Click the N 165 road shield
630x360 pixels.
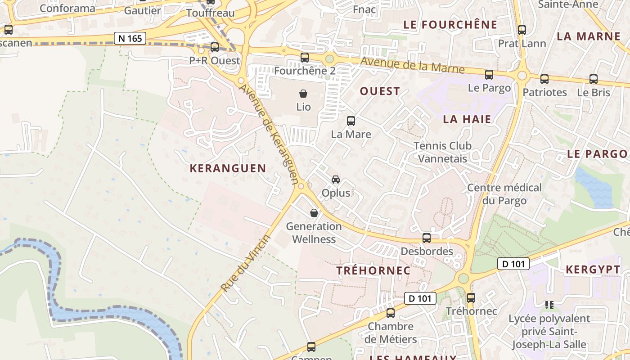tap(130, 38)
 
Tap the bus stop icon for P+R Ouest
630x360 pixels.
tap(215, 47)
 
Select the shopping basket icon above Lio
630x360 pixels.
tap(304, 94)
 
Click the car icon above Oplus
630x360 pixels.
tap(336, 180)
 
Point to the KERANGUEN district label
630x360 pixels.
tap(228, 168)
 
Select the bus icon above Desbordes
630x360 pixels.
tap(427, 238)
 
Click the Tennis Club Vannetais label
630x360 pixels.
tap(442, 152)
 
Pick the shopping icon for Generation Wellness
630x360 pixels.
tap(314, 213)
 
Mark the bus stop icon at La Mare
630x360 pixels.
tap(351, 121)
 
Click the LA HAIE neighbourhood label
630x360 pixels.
tap(467, 119)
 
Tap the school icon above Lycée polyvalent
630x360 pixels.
tap(549, 305)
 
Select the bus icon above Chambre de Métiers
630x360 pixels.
tap(391, 313)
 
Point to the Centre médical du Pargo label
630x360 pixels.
tap(504, 194)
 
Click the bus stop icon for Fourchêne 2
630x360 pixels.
tap(305, 57)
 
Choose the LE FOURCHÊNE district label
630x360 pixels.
tap(450, 25)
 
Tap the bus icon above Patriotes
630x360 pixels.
tap(544, 79)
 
